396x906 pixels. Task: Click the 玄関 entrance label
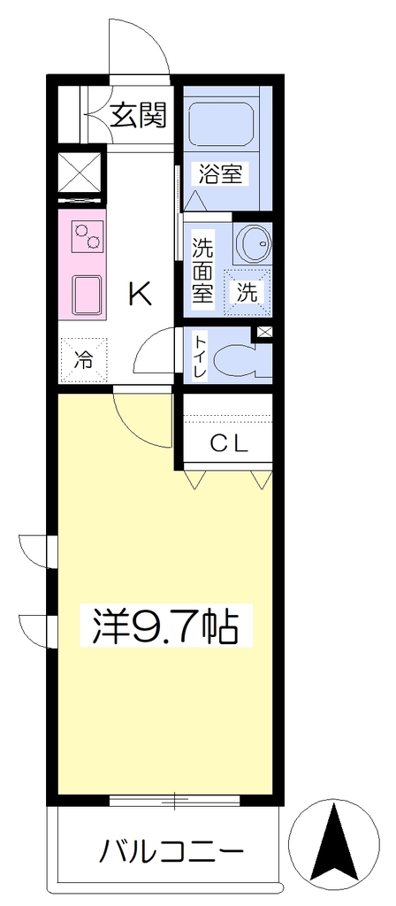point(138,115)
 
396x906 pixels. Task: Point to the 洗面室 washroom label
point(202,271)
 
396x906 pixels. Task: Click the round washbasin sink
point(254,243)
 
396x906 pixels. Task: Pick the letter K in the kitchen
point(141,296)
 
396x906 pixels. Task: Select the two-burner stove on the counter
point(88,236)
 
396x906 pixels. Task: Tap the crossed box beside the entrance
point(80,173)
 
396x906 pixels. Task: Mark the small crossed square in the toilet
point(264,333)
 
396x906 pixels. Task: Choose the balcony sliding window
point(174,800)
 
